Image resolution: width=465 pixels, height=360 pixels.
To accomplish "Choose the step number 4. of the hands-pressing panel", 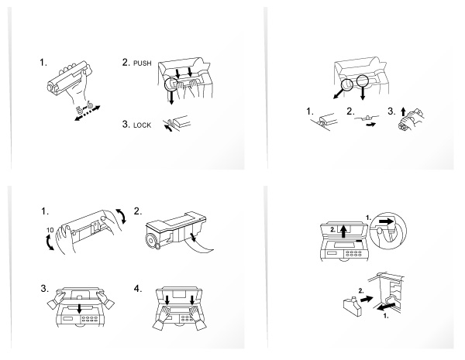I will tap(139, 290).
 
